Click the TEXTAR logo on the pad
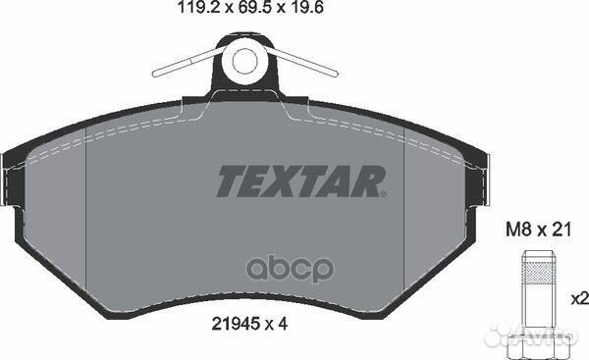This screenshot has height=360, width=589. [301, 181]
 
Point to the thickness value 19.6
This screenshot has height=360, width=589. [307, 8]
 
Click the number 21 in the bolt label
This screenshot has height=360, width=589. [562, 229]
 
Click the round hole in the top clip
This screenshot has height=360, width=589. [244, 60]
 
